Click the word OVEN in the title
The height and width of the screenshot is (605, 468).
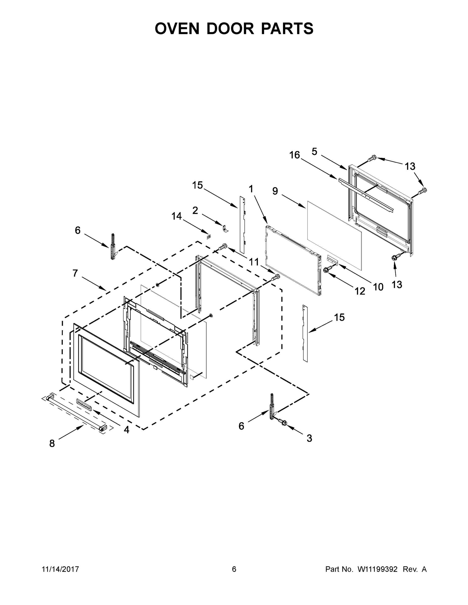point(177,28)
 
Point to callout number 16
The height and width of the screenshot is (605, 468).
point(295,155)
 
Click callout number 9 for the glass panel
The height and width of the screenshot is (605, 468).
point(275,191)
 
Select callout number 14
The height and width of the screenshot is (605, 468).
point(177,216)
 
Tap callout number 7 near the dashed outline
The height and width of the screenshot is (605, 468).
point(75,273)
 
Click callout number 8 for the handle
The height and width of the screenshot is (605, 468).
point(52,443)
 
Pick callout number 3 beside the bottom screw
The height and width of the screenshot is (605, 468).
point(309,438)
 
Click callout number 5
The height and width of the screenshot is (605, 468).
point(314,152)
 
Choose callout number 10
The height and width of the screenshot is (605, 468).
point(378,287)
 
